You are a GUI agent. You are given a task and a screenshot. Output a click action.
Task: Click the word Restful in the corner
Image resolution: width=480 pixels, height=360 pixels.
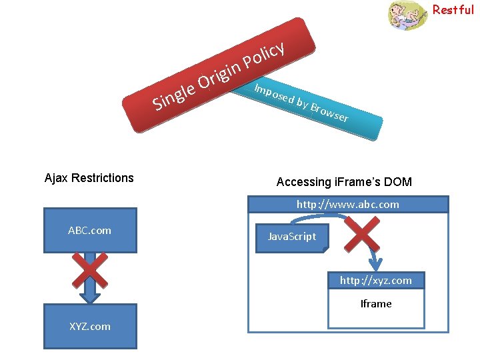click(453, 10)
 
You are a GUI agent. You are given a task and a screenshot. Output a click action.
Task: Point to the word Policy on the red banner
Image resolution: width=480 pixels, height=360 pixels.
click(265, 55)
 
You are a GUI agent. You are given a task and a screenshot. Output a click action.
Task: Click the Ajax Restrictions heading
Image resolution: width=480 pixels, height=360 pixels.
click(89, 178)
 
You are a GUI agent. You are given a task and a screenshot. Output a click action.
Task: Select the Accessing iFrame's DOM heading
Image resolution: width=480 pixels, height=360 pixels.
click(344, 182)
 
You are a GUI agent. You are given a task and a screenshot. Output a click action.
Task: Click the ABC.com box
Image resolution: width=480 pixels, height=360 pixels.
click(90, 231)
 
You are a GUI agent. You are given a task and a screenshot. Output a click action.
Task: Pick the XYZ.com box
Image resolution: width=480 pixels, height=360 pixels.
click(90, 326)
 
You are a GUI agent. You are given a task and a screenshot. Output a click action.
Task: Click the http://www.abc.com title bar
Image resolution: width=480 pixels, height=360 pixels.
click(347, 204)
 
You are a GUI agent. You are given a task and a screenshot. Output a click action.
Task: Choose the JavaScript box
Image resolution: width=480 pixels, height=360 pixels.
click(291, 237)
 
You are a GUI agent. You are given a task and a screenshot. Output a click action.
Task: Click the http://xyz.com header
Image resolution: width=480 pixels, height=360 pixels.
click(376, 281)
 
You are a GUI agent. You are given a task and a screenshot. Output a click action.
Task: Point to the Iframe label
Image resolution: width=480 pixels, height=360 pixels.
click(376, 303)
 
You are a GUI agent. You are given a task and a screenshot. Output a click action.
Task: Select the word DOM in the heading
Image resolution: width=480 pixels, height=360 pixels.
click(398, 182)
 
